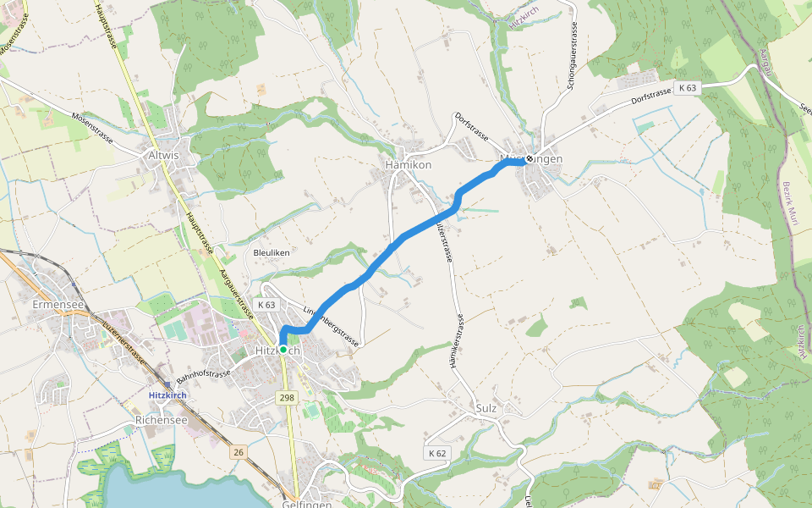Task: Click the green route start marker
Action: point(283,349)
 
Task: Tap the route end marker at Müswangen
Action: point(529,158)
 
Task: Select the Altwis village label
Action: point(163,156)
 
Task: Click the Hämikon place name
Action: point(408,165)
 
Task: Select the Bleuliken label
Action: point(272,252)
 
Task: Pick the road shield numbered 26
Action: point(239,453)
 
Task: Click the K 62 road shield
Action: point(436,454)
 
